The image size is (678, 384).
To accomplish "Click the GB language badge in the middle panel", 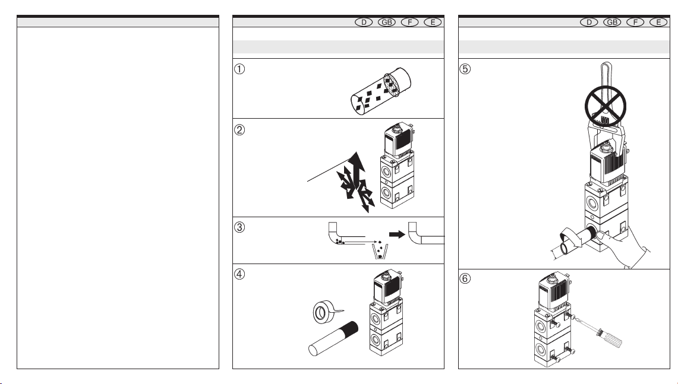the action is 386,23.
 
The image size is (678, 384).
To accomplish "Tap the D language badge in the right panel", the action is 589,23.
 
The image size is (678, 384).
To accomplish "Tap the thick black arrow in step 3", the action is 395,229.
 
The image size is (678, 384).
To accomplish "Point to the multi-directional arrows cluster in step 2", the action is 355,181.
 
